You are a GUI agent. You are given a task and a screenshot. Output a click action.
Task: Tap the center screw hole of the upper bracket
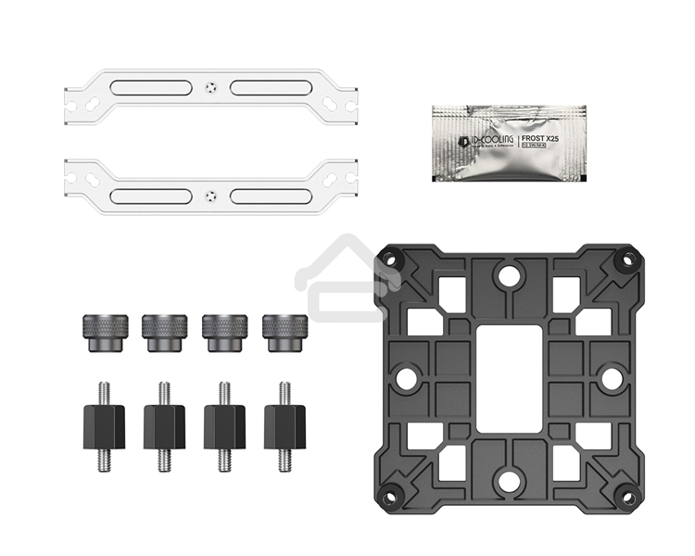coord(211,89)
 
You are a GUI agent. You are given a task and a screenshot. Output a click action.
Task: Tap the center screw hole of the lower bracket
coord(211,196)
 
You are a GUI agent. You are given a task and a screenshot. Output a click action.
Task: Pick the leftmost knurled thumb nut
coord(102,332)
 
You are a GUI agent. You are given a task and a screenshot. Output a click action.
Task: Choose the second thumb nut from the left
coord(163,332)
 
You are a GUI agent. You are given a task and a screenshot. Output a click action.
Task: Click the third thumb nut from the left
coord(224,332)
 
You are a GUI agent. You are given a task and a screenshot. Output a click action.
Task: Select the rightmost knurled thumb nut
coord(284,332)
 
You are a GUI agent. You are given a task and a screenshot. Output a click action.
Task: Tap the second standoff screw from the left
coord(164,425)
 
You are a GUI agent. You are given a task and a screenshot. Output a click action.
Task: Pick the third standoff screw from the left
coord(224,425)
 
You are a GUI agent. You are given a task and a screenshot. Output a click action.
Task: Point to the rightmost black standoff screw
coord(284,425)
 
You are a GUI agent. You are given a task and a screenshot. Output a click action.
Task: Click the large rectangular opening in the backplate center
coord(507,375)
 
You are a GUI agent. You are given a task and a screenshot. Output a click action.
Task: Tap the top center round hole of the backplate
coord(507,274)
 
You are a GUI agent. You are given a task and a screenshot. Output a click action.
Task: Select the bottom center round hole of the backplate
coord(507,479)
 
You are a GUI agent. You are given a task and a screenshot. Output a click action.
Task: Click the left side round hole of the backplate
coord(405,377)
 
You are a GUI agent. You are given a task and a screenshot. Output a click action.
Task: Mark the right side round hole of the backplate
coord(610,377)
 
